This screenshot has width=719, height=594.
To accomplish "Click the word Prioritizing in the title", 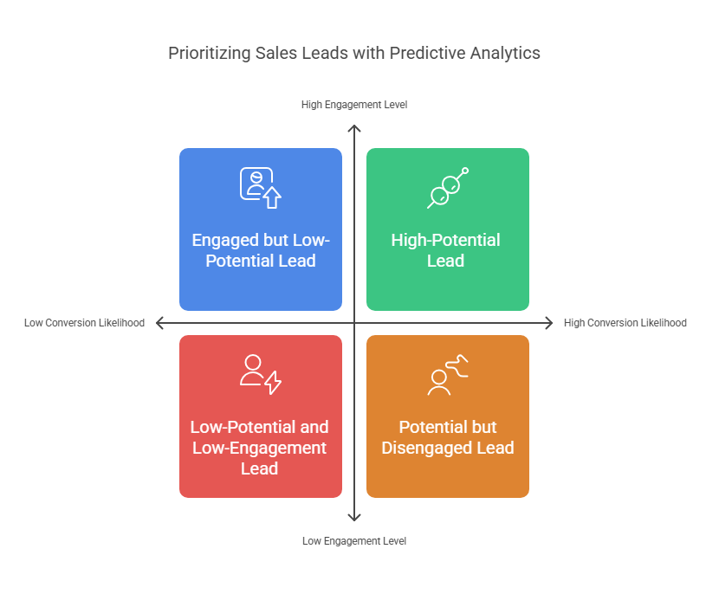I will (209, 54).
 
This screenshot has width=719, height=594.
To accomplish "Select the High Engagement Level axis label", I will (354, 105).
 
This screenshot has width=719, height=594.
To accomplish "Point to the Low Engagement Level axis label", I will (354, 541).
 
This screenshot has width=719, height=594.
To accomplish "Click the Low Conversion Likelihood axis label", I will (84, 323).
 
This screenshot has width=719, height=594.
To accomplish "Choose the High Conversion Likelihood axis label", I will (625, 323).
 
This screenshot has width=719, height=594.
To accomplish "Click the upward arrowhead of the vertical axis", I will (354, 127).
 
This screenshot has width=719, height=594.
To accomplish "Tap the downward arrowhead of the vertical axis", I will (354, 518).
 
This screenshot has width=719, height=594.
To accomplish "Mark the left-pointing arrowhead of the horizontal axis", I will (160, 323).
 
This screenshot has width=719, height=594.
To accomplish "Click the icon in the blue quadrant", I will (261, 187).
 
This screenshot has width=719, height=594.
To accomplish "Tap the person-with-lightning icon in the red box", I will (261, 374).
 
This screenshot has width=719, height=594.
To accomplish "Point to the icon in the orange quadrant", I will (448, 375).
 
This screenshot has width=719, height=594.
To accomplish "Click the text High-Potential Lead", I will (446, 250).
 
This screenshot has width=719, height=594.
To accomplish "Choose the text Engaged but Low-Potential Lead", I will (261, 250).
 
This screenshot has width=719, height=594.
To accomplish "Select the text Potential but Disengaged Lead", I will (448, 437).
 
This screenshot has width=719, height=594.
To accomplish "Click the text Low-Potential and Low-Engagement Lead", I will (260, 448).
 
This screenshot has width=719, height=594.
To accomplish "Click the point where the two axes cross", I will (354, 323).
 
